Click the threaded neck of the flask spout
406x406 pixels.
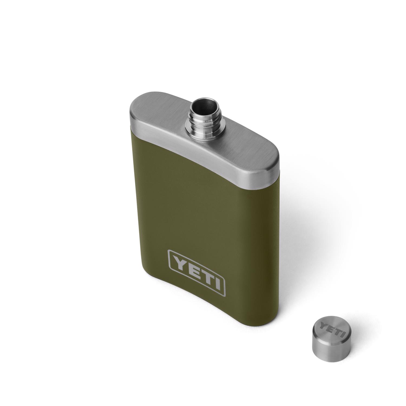coord(203,119)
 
